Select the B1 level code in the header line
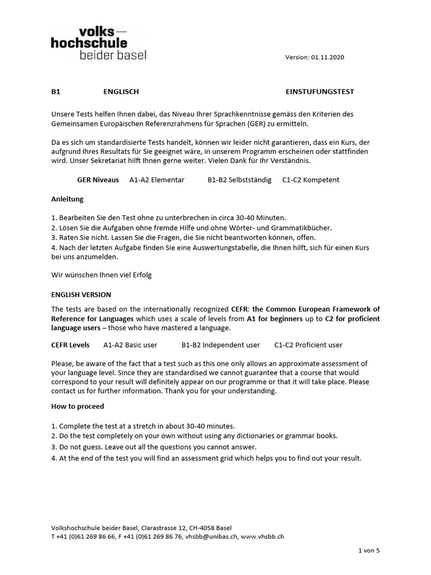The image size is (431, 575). coord(56,92)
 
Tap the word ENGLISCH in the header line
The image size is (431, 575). coord(121,92)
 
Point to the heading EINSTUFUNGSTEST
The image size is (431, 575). coord(320,92)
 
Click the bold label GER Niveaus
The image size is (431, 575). coord(98,180)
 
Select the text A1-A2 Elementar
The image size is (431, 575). coord(157,180)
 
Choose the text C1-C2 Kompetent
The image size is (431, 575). coord(311,180)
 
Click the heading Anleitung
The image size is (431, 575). coord(67,199)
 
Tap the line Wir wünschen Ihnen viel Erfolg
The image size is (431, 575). coord(102,275)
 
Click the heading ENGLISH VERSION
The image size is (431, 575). coord(81,294)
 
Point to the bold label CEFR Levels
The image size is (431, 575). coord(70,345)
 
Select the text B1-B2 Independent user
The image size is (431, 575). coord(221,345)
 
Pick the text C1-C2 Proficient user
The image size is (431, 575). coord(308,345)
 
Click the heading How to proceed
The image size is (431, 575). coord(77,406)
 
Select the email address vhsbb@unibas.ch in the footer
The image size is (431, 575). coord(212,536)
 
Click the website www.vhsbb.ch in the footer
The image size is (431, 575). coord(262,536)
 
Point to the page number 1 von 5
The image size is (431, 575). coord(369,550)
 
